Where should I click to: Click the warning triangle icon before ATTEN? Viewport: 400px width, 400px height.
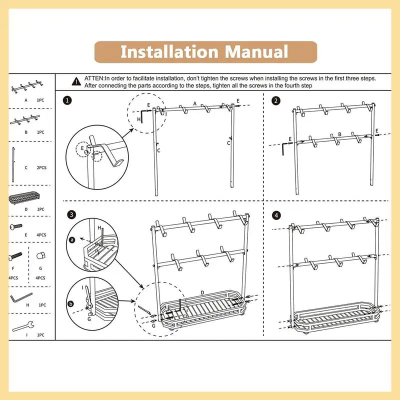click(76, 80)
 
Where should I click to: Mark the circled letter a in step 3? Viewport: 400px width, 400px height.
click(72, 240)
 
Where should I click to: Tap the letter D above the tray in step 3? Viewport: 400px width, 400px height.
click(202, 292)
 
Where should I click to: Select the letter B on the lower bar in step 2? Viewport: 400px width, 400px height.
click(339, 134)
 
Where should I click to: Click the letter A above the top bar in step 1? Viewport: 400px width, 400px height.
click(194, 103)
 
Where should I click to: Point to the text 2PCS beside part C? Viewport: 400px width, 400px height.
click(42, 167)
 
